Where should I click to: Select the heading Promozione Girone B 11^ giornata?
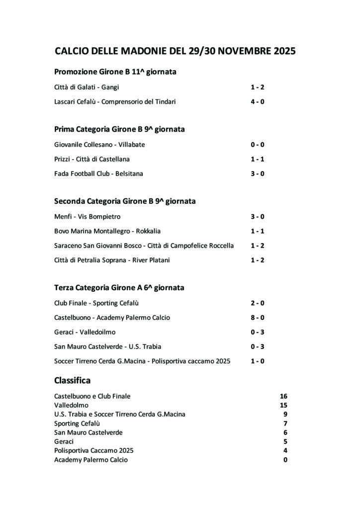point(115,72)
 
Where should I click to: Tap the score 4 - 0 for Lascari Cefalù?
point(257,102)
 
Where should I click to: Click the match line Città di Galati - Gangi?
point(84,87)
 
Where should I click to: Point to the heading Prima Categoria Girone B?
point(119,129)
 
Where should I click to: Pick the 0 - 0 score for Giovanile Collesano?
point(257,145)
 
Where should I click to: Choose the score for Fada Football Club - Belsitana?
point(257,174)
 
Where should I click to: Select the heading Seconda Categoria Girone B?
point(125,201)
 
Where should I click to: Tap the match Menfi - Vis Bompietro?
point(88,217)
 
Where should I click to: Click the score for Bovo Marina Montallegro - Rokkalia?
point(257,231)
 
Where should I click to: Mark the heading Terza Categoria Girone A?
point(119,288)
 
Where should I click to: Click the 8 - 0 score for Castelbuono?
point(257,318)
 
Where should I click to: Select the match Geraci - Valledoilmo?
point(85,332)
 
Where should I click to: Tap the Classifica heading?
point(72,381)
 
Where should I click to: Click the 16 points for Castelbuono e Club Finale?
point(283,397)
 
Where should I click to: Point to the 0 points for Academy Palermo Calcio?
point(285,460)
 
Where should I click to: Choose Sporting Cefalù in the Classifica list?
point(77,424)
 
